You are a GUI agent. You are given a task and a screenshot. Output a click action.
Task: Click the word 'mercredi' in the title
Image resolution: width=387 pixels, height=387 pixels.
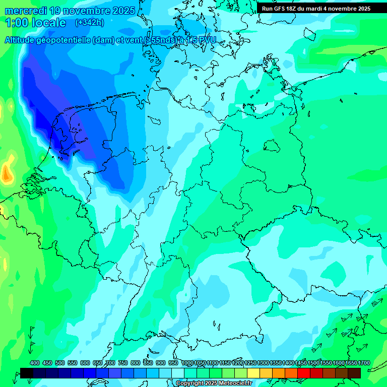click(25, 11)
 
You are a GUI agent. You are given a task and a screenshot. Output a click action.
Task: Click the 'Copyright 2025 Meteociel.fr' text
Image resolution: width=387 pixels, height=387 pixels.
click(214, 383)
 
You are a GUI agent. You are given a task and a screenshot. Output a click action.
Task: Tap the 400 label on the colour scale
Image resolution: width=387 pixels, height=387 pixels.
click(35, 363)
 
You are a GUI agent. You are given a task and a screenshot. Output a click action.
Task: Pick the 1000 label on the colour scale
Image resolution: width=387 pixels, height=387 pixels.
click(187, 363)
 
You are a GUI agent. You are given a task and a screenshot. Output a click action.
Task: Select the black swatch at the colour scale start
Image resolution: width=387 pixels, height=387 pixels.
click(27, 373)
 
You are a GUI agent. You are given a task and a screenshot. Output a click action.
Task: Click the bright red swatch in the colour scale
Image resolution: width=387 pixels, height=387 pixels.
click(304, 373)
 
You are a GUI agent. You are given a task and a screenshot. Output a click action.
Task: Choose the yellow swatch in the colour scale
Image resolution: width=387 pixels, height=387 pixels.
click(253, 373)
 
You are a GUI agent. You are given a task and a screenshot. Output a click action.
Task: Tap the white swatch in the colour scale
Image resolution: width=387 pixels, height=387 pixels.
click(178, 373)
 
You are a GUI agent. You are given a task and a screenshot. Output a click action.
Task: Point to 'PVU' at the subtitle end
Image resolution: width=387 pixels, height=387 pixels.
click(207, 40)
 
